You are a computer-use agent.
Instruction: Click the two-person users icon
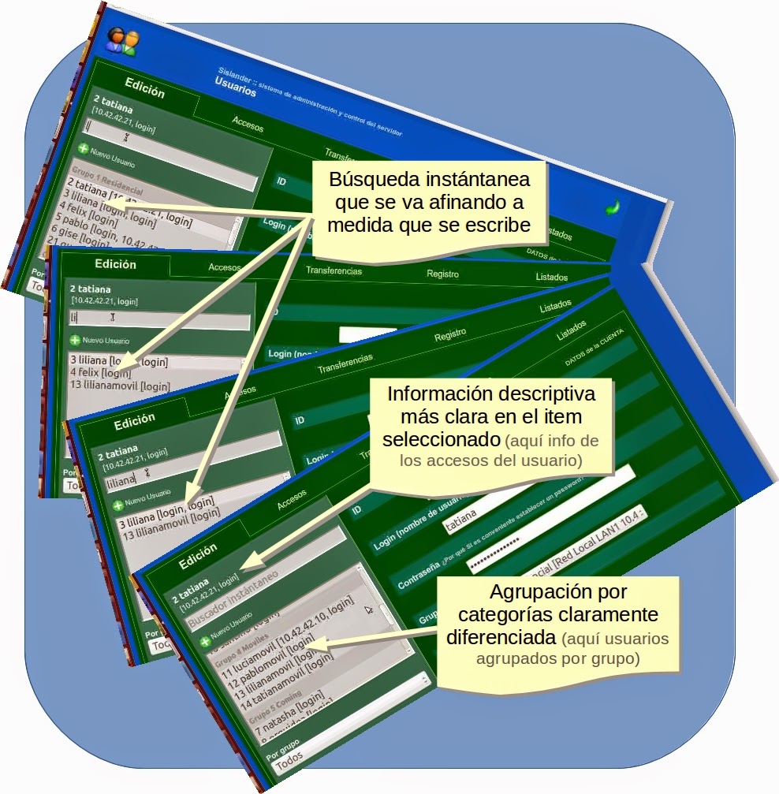[x=123, y=41]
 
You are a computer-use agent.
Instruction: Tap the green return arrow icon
[x=612, y=207]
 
